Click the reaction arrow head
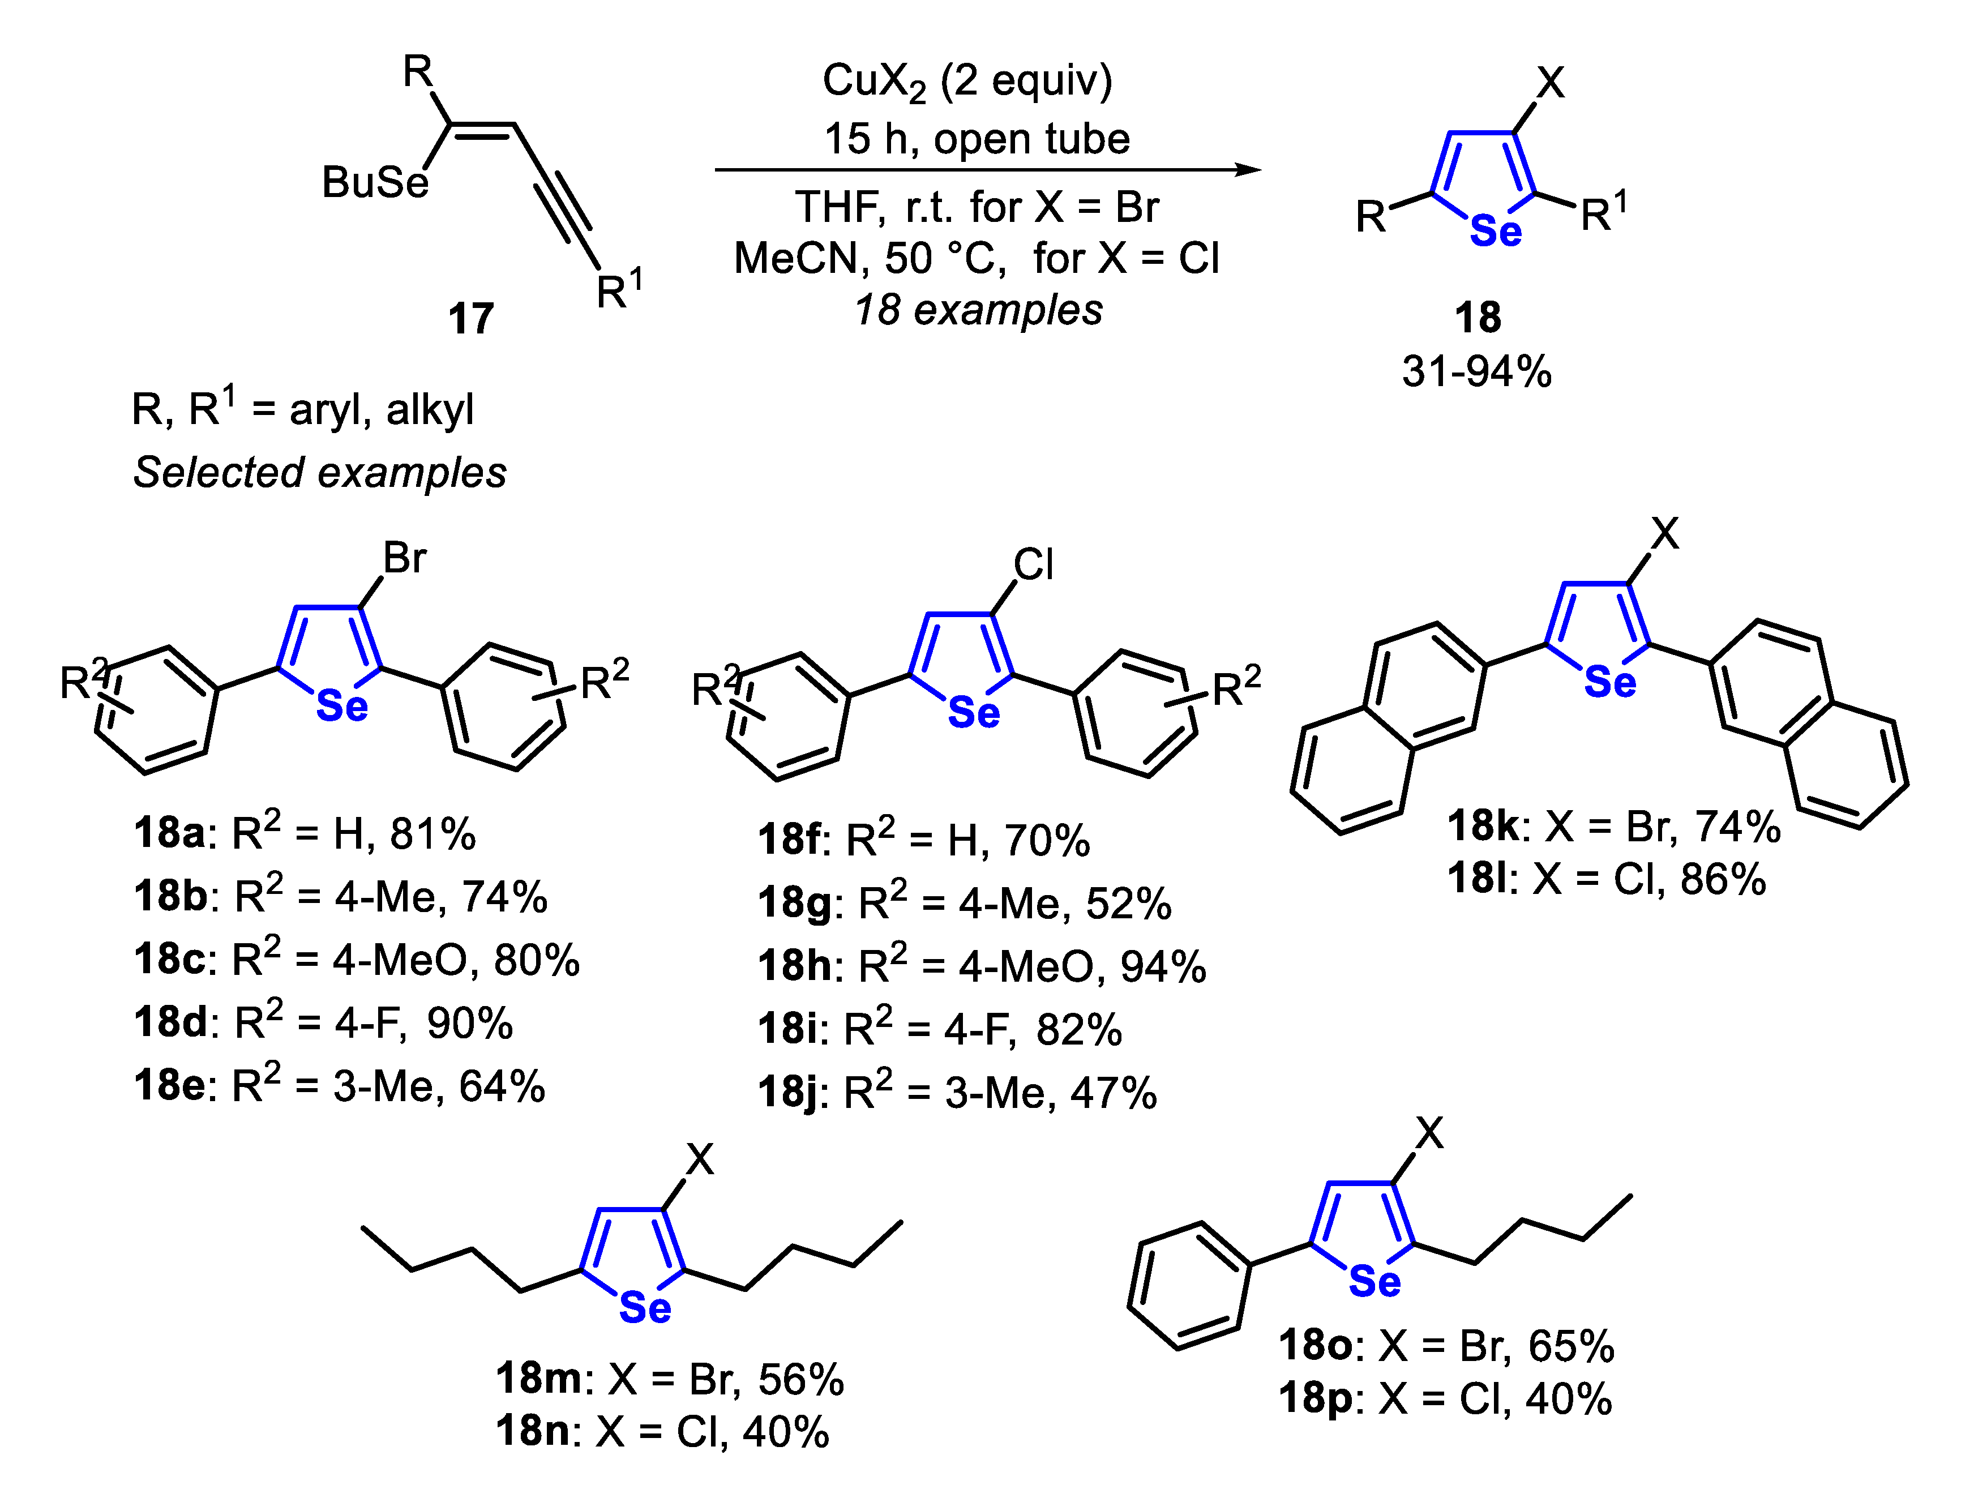(1249, 170)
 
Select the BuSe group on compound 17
(375, 183)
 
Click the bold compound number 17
(470, 319)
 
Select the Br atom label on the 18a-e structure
(404, 559)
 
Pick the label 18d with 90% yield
(323, 1022)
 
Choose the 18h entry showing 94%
(982, 966)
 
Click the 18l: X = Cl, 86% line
(1607, 879)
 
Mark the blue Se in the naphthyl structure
(1610, 683)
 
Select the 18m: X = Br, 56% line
(669, 1379)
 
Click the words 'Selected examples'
(319, 473)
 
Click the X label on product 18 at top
(1550, 83)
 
